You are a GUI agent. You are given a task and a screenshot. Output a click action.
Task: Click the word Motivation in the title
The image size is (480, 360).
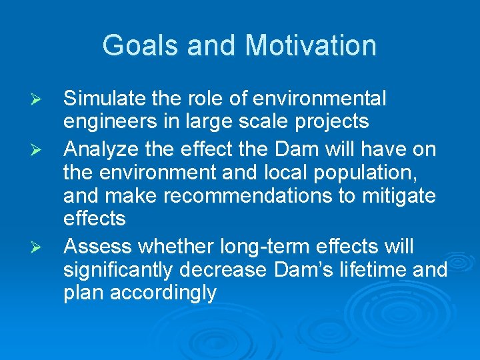click(310, 45)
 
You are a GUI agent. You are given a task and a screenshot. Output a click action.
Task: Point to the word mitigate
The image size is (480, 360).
click(396, 197)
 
